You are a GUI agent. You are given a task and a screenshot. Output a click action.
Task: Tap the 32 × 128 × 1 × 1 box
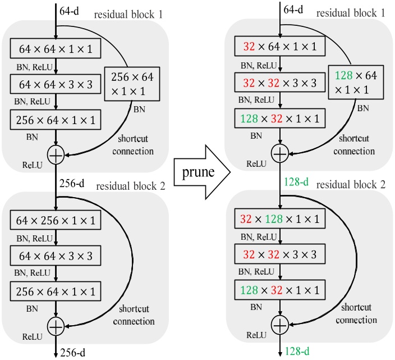point(280,218)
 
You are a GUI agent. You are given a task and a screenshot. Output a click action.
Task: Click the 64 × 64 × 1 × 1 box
point(56,49)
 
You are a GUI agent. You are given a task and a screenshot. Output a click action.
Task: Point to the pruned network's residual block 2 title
point(350,185)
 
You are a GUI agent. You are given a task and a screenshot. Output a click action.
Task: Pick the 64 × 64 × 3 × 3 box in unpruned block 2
point(56,256)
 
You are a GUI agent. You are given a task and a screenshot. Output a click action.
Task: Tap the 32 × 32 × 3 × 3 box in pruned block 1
point(280,83)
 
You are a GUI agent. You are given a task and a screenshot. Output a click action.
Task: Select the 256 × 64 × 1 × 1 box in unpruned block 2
point(56,291)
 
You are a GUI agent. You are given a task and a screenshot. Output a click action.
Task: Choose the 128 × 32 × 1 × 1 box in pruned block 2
point(280,290)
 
